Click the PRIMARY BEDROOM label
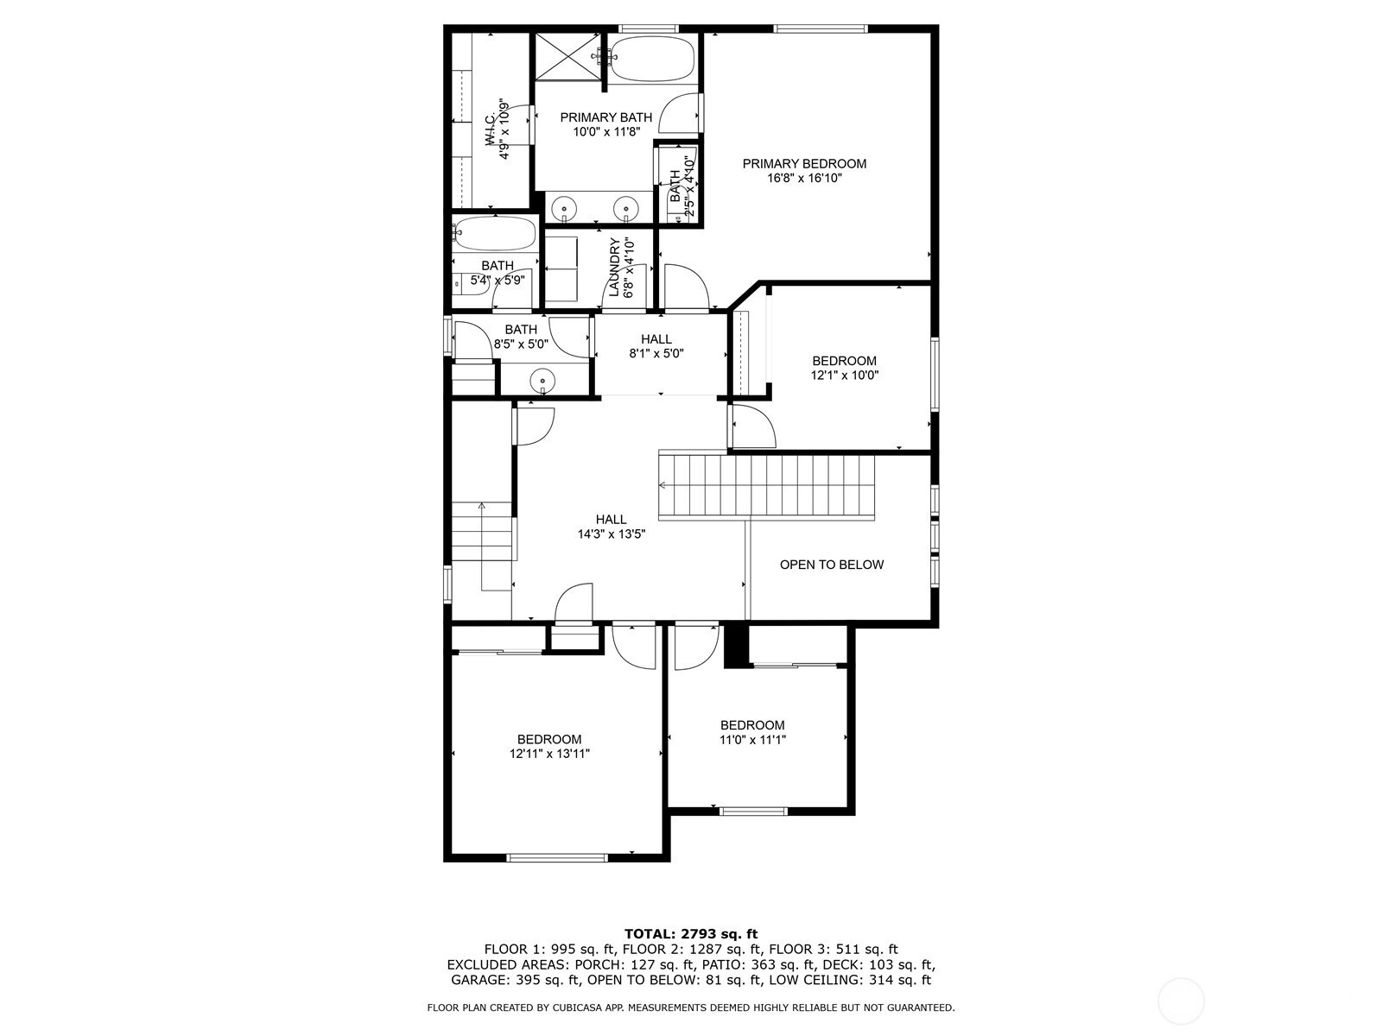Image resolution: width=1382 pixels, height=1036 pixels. (804, 163)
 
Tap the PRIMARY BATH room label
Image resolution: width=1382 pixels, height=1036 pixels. (605, 117)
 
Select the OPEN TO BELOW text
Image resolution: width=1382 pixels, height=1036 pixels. (832, 565)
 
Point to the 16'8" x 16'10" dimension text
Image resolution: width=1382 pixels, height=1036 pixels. (804, 179)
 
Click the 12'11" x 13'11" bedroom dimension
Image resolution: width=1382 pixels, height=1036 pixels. (549, 755)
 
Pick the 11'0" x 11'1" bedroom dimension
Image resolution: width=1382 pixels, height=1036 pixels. (752, 740)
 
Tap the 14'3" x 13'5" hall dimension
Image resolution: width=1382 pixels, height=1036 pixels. (612, 534)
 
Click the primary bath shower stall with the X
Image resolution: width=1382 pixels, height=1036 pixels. (568, 57)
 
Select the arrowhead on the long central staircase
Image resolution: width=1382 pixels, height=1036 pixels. (662, 485)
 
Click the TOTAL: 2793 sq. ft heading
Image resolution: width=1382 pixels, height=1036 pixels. (691, 933)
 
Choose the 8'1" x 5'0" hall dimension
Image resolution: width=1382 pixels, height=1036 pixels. (656, 353)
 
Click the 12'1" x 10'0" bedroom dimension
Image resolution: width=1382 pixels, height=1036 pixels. (844, 376)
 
